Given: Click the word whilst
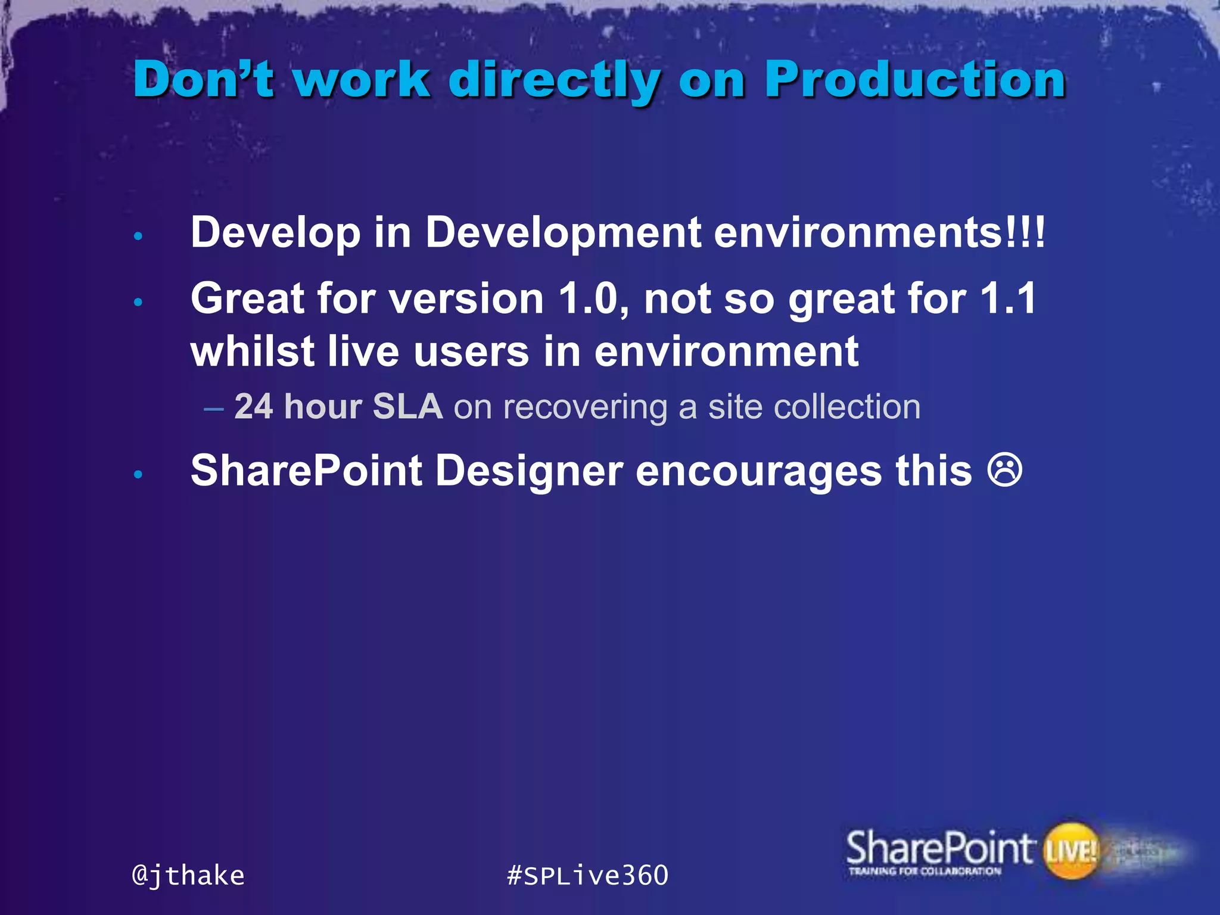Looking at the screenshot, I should pos(252,351).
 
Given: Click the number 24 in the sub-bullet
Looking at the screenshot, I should pos(254,407).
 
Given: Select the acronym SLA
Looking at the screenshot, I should pos(407,407).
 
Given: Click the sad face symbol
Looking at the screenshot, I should pos(1005,471).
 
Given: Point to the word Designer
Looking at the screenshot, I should pos(529,471).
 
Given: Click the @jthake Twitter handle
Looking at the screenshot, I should pos(188,876).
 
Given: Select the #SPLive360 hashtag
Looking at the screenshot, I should pos(587,876).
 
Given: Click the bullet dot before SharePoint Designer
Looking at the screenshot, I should pos(138,475).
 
